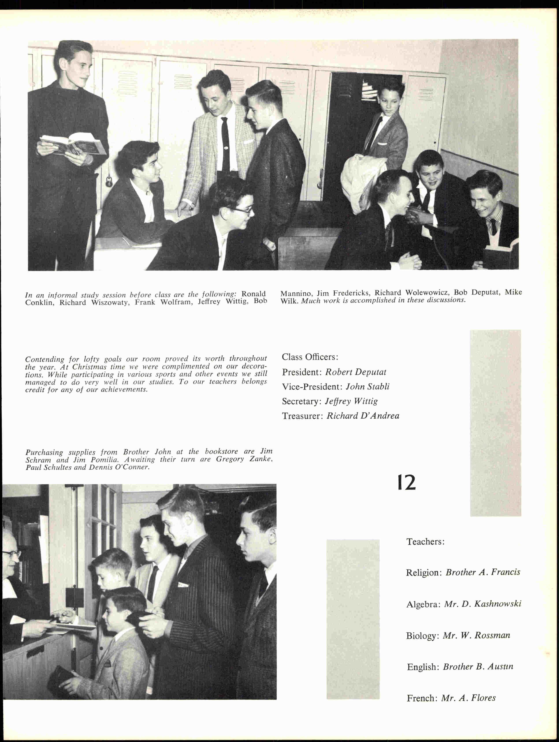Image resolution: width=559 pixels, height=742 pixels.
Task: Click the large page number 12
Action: tap(407, 483)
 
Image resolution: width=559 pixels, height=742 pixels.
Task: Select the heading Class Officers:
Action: tap(310, 357)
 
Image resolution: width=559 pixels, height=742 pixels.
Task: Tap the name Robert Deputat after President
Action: tap(355, 372)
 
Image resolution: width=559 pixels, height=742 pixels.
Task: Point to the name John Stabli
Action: tap(368, 387)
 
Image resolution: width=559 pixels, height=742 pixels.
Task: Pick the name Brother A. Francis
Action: tap(483, 572)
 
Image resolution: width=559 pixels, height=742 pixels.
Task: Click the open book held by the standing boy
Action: tap(73, 143)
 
